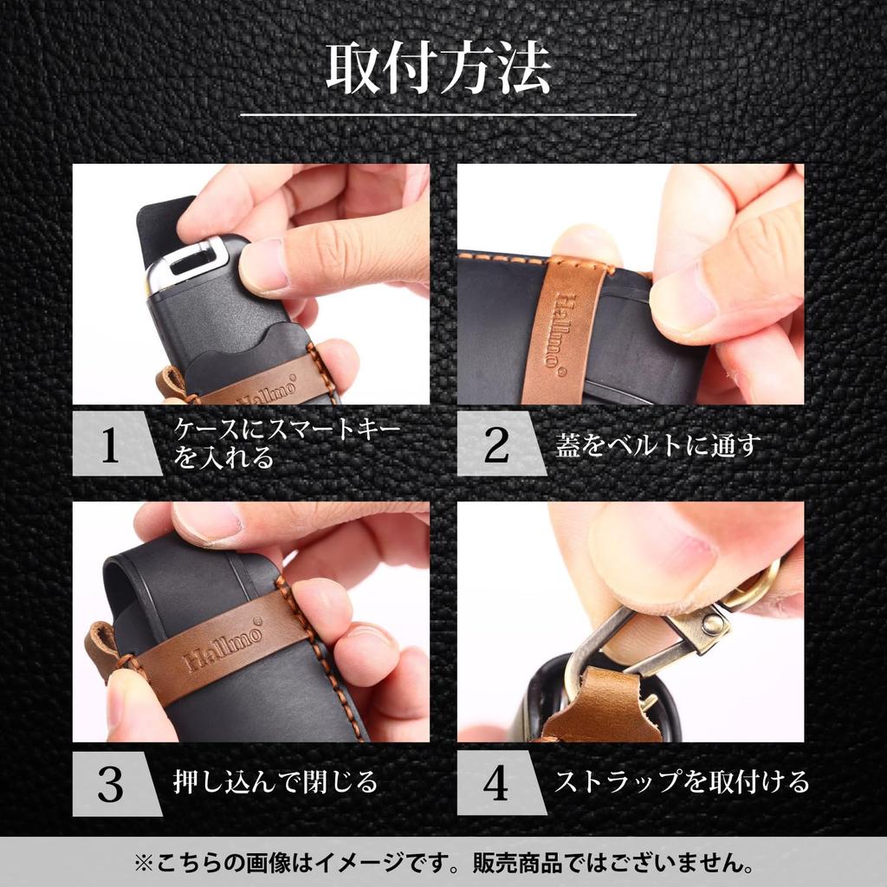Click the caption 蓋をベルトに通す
point(658,445)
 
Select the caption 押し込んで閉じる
point(275,782)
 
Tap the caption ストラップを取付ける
point(681,782)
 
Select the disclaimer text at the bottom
point(443,863)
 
